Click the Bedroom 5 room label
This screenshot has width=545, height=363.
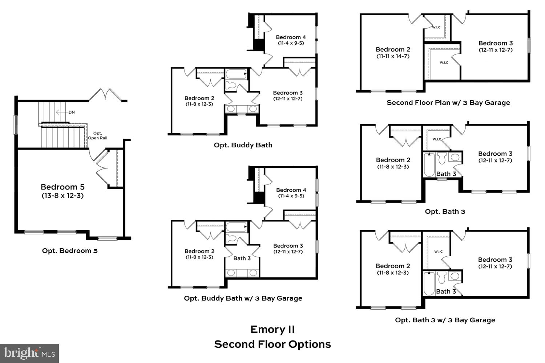(62, 187)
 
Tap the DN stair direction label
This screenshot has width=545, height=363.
(72, 112)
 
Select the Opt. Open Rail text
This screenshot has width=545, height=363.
(97, 135)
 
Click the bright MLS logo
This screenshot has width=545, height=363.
(29, 353)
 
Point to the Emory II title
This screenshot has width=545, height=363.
(272, 329)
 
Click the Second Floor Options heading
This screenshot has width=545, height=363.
(272, 344)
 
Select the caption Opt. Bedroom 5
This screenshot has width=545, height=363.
(70, 250)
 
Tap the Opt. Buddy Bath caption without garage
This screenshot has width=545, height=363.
(243, 145)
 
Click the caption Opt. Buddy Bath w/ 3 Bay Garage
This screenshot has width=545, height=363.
(243, 298)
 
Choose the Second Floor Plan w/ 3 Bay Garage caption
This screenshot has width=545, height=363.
(448, 102)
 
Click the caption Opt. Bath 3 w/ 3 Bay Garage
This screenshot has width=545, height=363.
(445, 320)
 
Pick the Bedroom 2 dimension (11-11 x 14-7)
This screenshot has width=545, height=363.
(393, 56)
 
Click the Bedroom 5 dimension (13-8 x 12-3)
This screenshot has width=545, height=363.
(62, 196)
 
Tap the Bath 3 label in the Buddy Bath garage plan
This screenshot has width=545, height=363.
(242, 258)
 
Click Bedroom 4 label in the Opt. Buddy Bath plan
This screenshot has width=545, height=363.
(291, 37)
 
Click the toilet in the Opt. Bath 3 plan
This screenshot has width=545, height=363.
(442, 158)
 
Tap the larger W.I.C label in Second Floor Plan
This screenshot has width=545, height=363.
(444, 62)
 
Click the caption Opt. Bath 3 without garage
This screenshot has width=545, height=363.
(445, 211)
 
